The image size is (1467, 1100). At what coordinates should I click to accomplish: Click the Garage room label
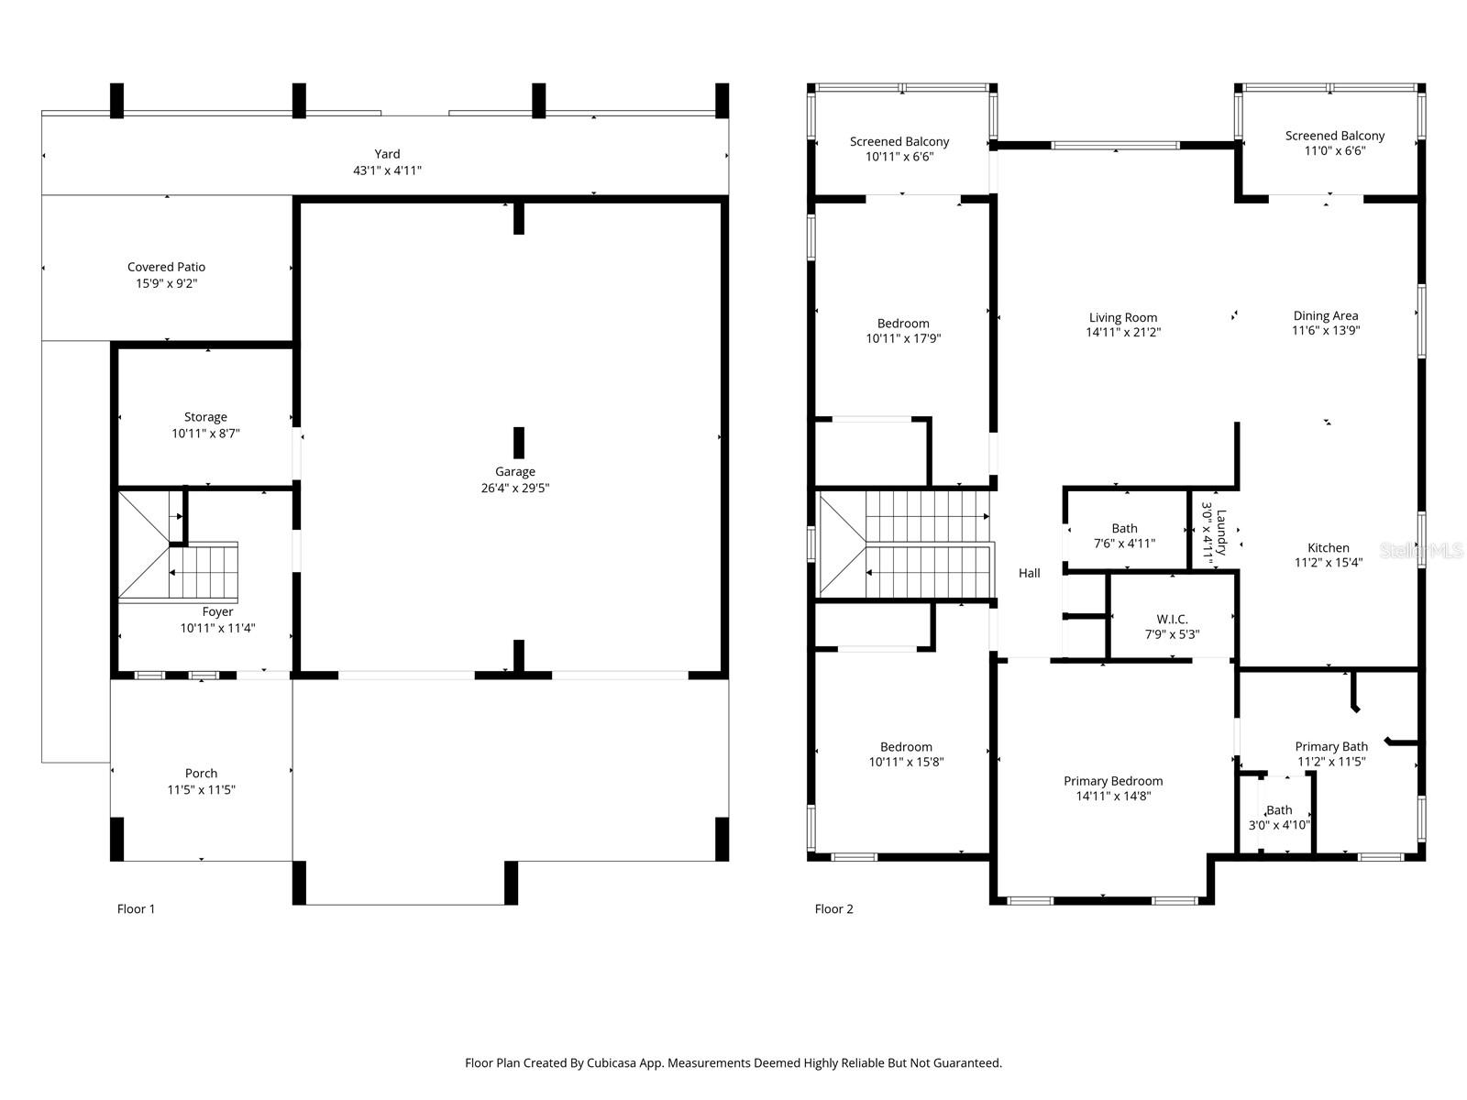pos(514,472)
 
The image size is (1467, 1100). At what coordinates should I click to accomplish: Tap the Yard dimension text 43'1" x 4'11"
pos(387,170)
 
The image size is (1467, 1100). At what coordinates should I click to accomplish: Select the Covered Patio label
pos(166,268)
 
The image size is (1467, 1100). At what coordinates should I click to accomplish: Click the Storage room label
pos(205,417)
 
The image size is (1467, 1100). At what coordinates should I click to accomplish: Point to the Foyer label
pos(217,612)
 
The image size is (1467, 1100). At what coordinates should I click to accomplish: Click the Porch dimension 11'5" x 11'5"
pos(201,790)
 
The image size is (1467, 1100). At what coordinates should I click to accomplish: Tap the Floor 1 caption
pos(136,909)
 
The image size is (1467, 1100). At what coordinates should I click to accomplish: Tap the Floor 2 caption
pos(833,909)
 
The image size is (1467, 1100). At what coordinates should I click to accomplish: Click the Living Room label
pos(1123,318)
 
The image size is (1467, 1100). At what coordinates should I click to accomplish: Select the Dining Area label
pos(1326,316)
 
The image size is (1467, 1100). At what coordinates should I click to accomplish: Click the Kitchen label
pos(1328,548)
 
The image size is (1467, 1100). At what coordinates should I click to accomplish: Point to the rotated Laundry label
pos(1220,533)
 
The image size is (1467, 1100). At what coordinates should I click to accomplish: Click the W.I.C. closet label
pos(1172,620)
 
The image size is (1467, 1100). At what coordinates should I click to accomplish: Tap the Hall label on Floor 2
pos(1029,574)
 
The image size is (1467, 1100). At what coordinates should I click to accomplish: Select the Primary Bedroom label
pos(1113,781)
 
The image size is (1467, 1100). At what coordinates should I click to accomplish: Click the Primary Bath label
pos(1331,747)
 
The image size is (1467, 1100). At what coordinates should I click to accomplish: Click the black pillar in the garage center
pos(519,443)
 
